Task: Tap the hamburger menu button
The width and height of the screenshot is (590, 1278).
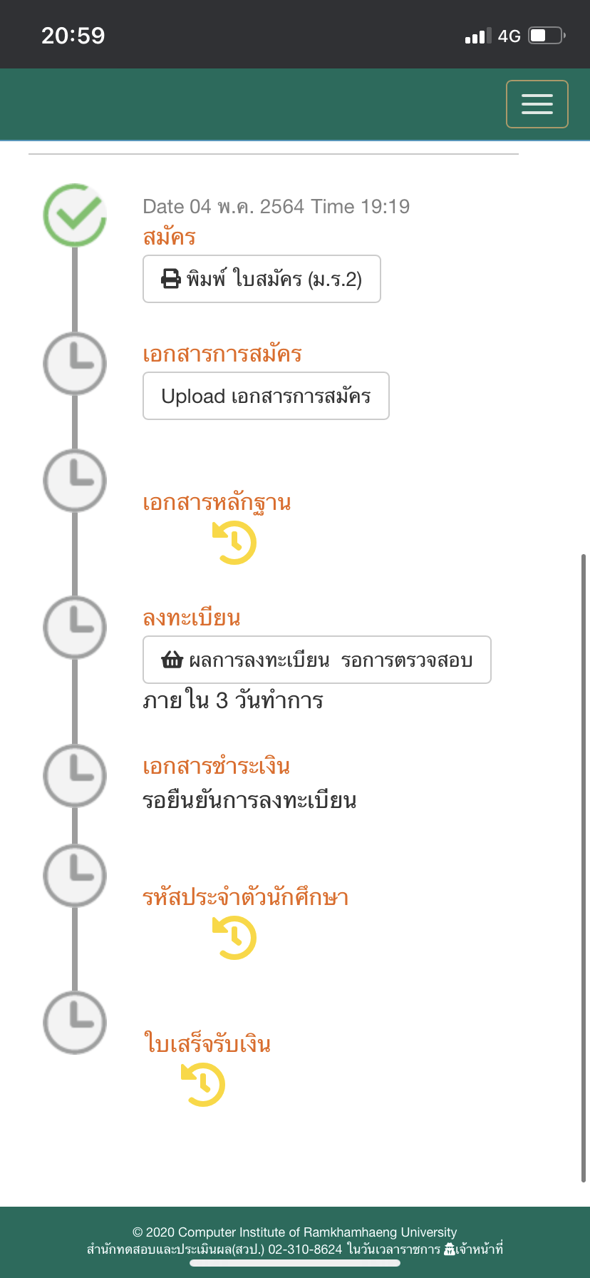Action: (537, 104)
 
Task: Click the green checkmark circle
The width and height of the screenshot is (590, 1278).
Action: (75, 215)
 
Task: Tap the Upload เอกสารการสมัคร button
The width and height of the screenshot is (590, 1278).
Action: (266, 396)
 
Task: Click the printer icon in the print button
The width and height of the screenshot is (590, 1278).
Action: (171, 279)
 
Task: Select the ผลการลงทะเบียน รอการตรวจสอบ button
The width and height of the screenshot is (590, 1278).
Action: (317, 660)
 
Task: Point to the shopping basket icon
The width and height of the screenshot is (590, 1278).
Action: (172, 660)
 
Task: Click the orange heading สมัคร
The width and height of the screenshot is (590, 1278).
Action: (169, 237)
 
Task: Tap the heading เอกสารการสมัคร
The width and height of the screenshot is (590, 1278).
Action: (222, 354)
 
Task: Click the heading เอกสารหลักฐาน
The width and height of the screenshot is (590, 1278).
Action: (217, 503)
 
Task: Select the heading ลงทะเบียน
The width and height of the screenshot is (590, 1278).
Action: (192, 618)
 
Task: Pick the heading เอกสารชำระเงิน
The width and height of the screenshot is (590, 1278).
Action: (216, 767)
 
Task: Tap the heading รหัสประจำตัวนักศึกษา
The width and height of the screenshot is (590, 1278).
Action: (245, 897)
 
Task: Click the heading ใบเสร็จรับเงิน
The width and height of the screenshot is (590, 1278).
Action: (207, 1044)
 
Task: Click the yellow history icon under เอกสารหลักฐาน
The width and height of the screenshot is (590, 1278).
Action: (234, 543)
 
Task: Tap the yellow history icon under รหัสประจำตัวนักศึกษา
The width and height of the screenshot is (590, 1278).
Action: (234, 938)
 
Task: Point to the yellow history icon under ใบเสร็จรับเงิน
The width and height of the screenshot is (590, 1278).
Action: (203, 1085)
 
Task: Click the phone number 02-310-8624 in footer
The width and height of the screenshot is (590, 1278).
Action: (305, 1249)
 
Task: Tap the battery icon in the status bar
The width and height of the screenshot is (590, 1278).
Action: (547, 36)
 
